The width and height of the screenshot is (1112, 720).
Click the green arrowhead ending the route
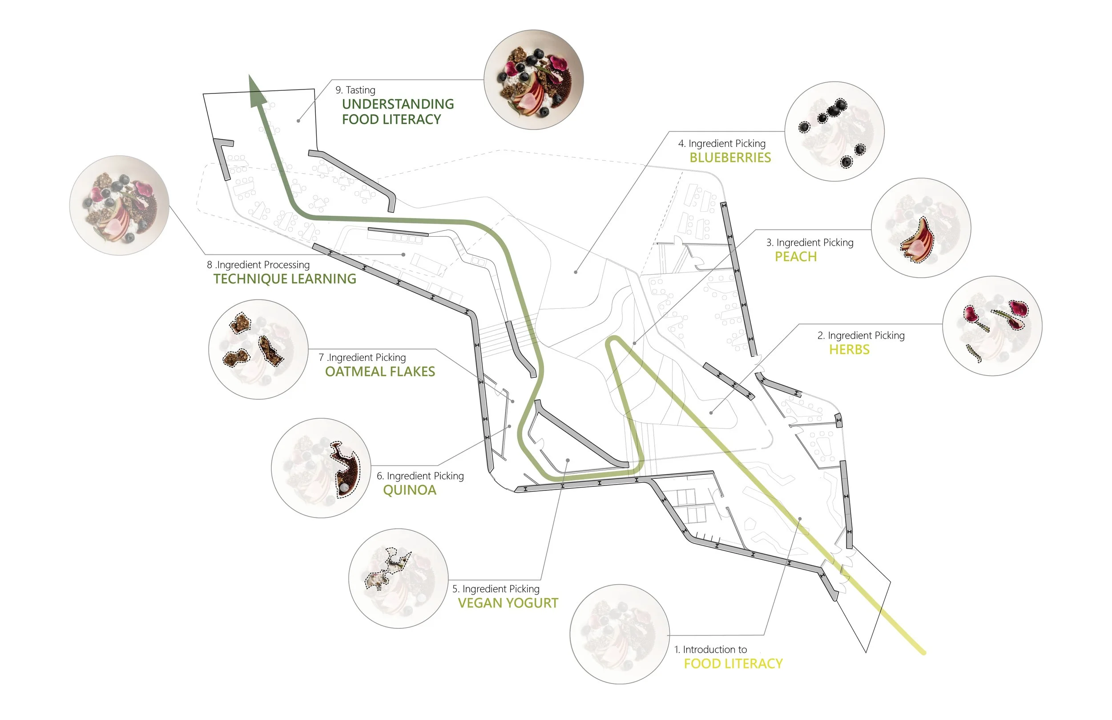pyautogui.click(x=257, y=92)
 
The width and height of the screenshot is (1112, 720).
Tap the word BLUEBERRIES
pyautogui.click(x=730, y=158)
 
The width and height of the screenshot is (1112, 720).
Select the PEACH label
pyautogui.click(x=795, y=257)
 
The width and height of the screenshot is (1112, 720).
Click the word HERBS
pyautogui.click(x=849, y=350)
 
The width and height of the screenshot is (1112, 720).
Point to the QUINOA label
pyautogui.click(x=409, y=490)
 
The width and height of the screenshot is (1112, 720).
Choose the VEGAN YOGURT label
pyautogui.click(x=508, y=603)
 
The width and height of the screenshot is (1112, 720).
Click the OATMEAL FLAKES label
pyautogui.click(x=380, y=372)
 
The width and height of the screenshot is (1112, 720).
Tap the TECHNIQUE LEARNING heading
pyautogui.click(x=285, y=279)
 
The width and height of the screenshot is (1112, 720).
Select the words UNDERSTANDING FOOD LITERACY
pyautogui.click(x=397, y=112)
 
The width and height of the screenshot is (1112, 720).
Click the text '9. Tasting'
pyautogui.click(x=355, y=90)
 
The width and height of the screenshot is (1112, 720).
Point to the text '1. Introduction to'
pyautogui.click(x=710, y=649)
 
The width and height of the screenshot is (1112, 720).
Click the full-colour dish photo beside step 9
pyautogui.click(x=534, y=80)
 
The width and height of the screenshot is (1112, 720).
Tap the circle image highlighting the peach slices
pyautogui.click(x=920, y=228)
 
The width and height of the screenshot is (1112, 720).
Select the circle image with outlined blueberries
pyautogui.click(x=834, y=131)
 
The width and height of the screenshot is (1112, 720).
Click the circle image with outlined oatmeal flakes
pyautogui.click(x=258, y=349)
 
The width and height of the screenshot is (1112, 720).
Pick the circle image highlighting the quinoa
pyautogui.click(x=321, y=468)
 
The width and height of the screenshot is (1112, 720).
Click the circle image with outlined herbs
pyautogui.click(x=992, y=326)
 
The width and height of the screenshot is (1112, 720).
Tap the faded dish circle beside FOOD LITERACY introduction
pyautogui.click(x=619, y=634)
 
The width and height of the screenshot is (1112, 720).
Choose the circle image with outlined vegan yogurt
pyautogui.click(x=398, y=578)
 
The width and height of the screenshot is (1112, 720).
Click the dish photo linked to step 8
pyautogui.click(x=119, y=205)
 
